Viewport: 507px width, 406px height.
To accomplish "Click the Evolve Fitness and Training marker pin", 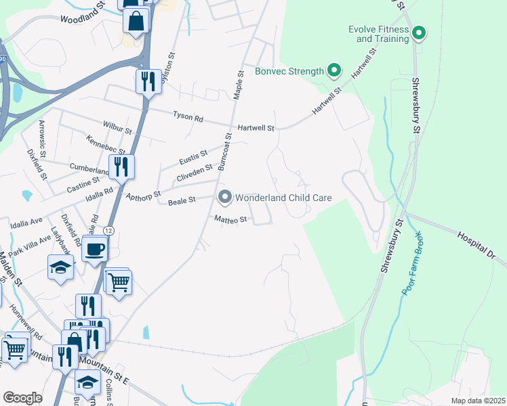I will [x=419, y=32].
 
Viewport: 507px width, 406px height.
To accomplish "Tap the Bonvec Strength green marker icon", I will [x=333, y=70].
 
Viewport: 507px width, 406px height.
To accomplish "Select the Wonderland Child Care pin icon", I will [x=225, y=198].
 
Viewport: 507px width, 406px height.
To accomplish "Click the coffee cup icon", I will [x=95, y=248].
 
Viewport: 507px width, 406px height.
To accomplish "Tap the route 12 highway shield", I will [x=110, y=231].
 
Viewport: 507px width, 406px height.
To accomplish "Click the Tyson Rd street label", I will [x=188, y=118].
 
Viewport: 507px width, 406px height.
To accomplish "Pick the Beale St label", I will [x=182, y=200].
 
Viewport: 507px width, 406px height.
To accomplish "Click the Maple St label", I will [x=238, y=85].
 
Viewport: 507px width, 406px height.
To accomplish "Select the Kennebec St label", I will [x=106, y=144].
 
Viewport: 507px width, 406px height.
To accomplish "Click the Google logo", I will [x=22, y=397].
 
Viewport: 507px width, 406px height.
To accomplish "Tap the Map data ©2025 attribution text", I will [x=477, y=401].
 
